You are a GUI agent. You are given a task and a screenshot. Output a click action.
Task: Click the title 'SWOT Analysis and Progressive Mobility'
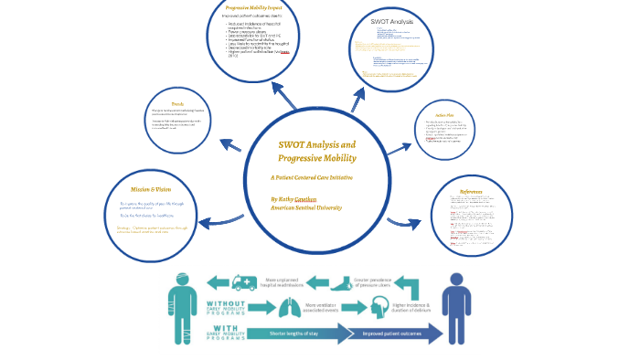click(x=316, y=152)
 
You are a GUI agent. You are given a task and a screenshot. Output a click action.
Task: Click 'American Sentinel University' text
click(x=306, y=208)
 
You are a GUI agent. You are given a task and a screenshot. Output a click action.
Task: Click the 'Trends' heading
click(x=179, y=102)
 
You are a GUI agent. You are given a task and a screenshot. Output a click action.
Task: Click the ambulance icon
click(x=244, y=283)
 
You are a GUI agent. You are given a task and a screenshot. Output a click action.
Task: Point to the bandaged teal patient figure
click(x=180, y=306)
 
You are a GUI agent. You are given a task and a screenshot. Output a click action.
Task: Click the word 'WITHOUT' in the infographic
click(x=225, y=303)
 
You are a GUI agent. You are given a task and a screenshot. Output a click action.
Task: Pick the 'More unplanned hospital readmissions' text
click(x=283, y=283)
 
